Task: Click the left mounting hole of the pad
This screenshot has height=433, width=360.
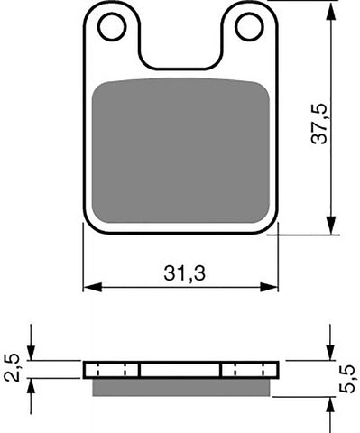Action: (x=112, y=28)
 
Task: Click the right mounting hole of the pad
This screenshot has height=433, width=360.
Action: (x=248, y=28)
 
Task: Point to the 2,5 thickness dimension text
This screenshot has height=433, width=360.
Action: (x=12, y=368)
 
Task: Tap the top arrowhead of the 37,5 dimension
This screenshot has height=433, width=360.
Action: (x=332, y=7)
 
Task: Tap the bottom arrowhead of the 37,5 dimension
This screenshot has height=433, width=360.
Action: (x=332, y=227)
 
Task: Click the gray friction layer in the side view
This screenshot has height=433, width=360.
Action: (x=180, y=386)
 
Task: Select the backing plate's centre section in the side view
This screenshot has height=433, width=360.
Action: (x=180, y=370)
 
